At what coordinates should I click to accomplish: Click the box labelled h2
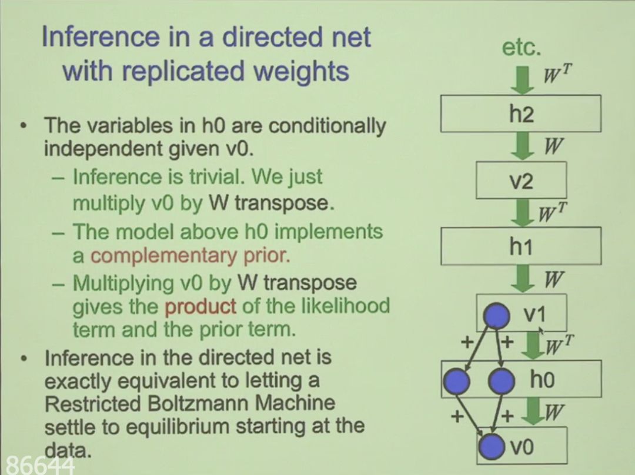[x=521, y=113]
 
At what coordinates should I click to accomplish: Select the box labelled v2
[x=521, y=180]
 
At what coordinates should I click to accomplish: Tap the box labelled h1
[x=521, y=246]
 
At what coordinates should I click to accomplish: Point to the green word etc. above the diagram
[x=522, y=47]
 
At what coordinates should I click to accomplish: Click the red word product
[x=200, y=306]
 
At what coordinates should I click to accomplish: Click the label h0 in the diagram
[x=542, y=380]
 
